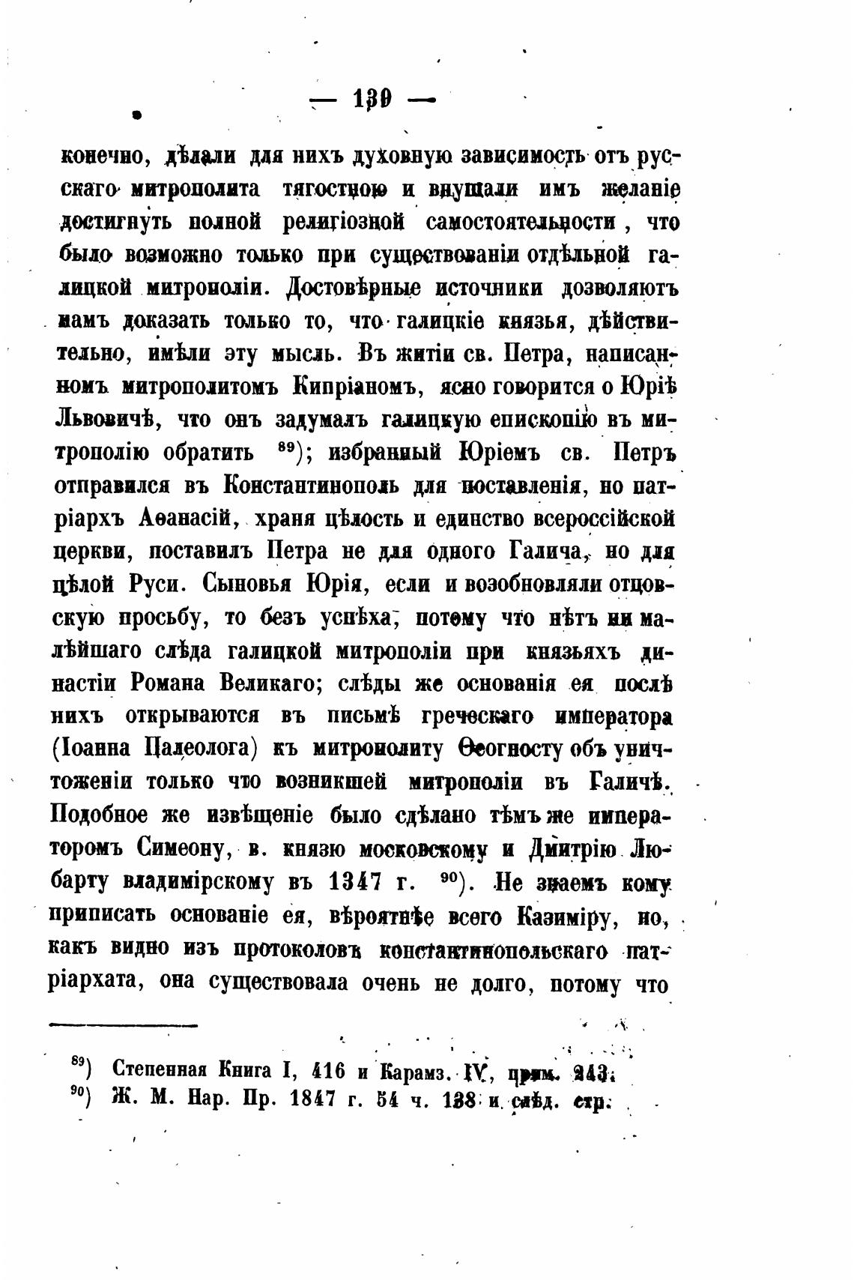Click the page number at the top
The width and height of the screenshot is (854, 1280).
pos(372,100)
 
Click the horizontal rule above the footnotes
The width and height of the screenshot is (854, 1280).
pos(123,1024)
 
